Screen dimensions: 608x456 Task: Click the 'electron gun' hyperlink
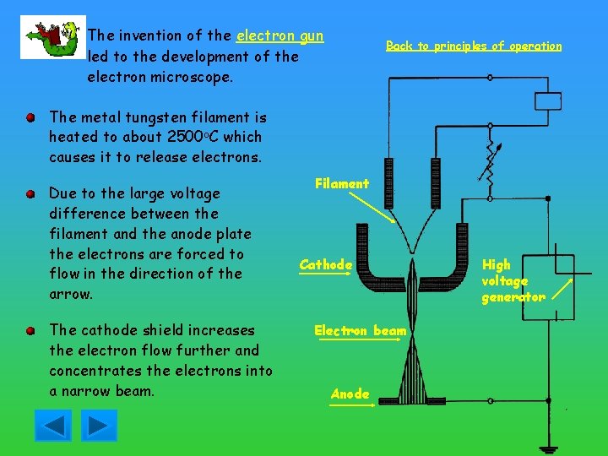(280, 35)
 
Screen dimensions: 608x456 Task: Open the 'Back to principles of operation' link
(473, 46)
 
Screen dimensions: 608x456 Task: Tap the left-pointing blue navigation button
(52, 425)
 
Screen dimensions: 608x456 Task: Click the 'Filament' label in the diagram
(342, 183)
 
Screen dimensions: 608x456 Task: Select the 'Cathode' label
(326, 264)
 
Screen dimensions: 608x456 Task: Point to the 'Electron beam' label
(361, 330)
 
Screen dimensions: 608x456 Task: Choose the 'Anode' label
(350, 394)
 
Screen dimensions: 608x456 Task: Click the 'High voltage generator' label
(512, 281)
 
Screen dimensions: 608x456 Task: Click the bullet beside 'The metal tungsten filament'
(30, 117)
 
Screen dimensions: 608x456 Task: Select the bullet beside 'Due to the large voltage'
(30, 193)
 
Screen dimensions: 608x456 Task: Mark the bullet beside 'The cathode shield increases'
(30, 330)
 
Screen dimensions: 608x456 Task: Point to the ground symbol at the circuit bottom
(553, 448)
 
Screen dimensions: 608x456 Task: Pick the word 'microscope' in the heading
(186, 77)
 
